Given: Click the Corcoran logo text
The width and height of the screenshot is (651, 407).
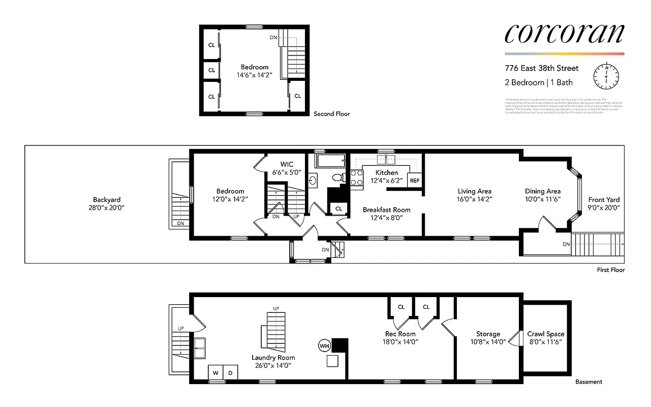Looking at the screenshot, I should tap(564, 33).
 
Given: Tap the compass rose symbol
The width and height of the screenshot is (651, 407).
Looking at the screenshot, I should tap(606, 76).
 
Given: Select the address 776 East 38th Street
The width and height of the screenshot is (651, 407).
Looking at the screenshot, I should tap(542, 68).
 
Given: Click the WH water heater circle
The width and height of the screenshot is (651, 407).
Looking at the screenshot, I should tap(324, 346).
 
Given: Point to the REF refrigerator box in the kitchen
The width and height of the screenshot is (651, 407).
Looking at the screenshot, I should tap(415, 181).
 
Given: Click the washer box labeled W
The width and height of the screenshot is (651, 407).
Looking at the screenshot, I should tap(215, 373).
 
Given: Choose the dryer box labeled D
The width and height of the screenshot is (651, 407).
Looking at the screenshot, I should tap(230, 373).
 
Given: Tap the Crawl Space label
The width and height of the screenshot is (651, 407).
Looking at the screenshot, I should tap(546, 334).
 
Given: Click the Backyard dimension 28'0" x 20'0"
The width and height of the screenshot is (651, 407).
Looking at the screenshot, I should tap(107, 208).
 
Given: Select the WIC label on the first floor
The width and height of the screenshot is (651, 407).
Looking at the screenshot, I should tap(288, 164).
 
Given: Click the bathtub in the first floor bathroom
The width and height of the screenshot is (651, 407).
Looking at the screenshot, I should tap(330, 162).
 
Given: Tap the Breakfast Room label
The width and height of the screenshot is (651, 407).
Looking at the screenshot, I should tap(386, 210).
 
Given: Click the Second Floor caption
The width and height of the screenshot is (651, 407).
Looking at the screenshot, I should tap(331, 114).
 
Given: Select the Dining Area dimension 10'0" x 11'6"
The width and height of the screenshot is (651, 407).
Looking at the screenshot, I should tap(543, 199).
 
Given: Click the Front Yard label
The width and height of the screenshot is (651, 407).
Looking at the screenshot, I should tap(604, 200).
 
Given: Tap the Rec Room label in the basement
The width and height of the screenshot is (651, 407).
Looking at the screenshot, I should tap(400, 334).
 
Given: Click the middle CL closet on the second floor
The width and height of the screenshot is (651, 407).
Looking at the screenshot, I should tap(211, 71).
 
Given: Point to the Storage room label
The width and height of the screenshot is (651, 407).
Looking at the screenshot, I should tap(488, 334).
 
